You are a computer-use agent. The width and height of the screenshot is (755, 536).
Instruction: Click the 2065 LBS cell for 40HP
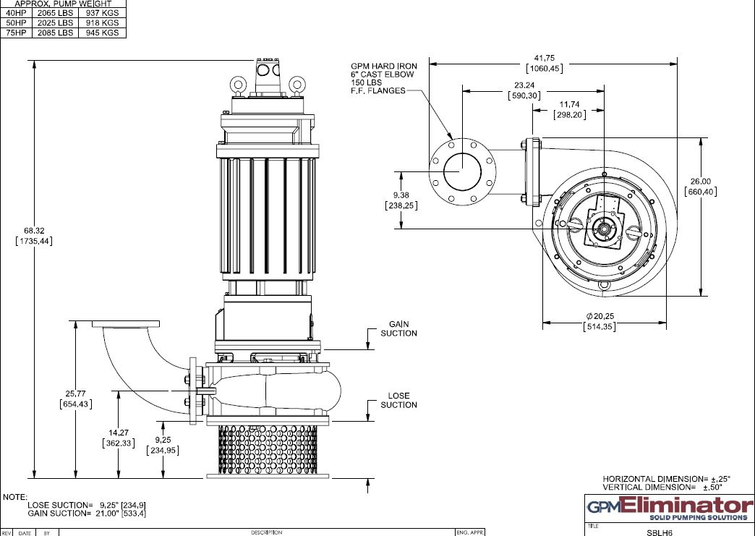(x=55, y=13)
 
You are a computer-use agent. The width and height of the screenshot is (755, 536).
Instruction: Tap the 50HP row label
(x=16, y=22)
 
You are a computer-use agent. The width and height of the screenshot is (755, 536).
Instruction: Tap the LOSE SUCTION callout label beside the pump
(x=398, y=400)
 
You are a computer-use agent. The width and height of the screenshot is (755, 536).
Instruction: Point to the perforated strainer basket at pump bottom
(x=268, y=448)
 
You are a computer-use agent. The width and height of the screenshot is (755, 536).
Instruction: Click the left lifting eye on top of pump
(x=237, y=85)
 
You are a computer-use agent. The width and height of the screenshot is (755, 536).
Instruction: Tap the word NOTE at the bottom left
(x=14, y=498)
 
